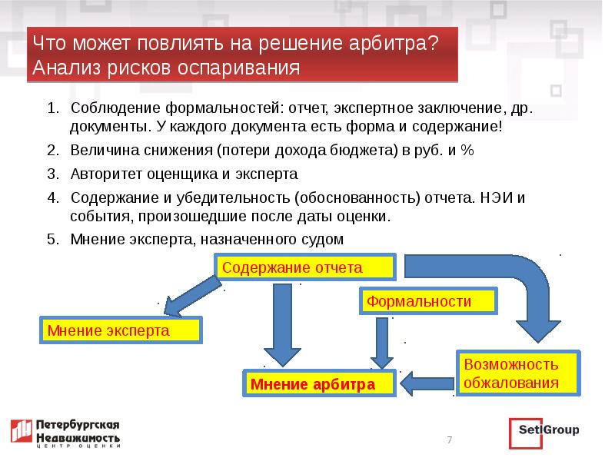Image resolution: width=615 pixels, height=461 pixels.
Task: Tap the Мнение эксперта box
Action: click(121, 331)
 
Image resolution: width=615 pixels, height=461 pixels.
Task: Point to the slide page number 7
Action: click(450, 439)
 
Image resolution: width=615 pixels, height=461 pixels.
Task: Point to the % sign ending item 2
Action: click(467, 150)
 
